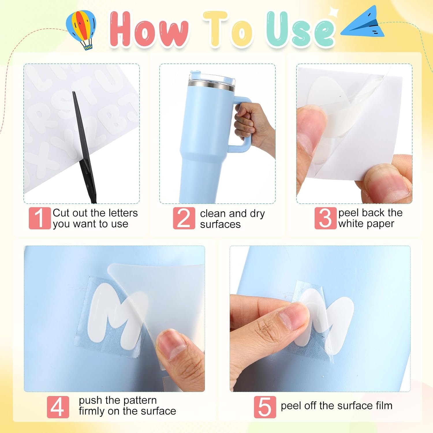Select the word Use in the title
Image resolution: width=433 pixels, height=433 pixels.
pyautogui.click(x=300, y=29)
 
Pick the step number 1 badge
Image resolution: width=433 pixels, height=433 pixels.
pyautogui.click(x=40, y=218)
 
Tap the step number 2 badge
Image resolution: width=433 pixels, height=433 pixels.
pyautogui.click(x=184, y=218)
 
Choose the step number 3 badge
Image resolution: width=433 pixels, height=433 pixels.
pyautogui.click(x=325, y=218)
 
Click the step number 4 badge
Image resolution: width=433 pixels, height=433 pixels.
pyautogui.click(x=58, y=407)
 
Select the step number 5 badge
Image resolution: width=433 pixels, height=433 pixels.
pyautogui.click(x=265, y=407)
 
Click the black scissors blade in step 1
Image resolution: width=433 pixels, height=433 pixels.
pyautogui.click(x=84, y=144)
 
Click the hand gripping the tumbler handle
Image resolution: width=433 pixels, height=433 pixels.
pyautogui.click(x=253, y=127)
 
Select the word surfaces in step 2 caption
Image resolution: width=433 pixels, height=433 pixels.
pyautogui.click(x=220, y=224)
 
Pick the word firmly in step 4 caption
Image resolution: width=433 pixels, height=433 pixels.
pyautogui.click(x=92, y=411)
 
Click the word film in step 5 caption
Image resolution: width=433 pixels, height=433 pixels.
pyautogui.click(x=384, y=406)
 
